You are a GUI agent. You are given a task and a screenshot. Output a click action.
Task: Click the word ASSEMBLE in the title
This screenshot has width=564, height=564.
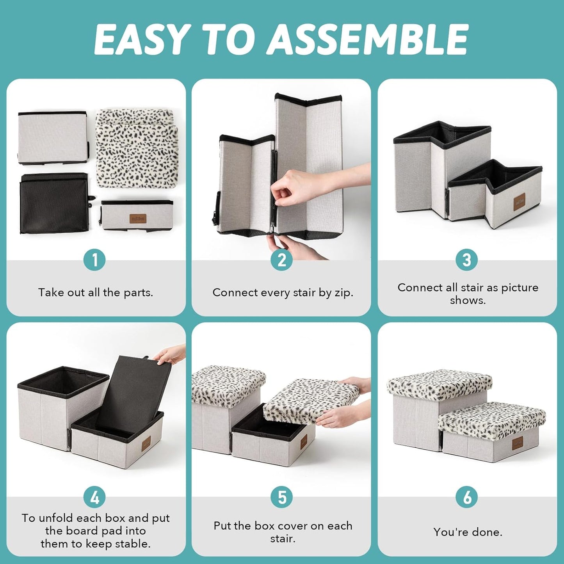[x=368, y=39]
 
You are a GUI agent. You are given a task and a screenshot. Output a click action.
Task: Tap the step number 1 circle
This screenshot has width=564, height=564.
[x=95, y=260]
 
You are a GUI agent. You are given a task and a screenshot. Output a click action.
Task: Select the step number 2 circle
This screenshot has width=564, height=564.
[x=281, y=260]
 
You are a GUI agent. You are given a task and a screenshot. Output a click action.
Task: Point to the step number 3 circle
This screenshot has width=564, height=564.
[x=467, y=260]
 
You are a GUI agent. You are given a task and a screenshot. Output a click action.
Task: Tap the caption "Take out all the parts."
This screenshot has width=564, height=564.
[x=96, y=292]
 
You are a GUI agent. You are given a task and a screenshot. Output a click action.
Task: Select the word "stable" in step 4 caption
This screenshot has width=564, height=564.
[x=133, y=544]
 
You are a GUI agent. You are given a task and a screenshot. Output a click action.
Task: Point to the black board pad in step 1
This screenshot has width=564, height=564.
[x=54, y=203]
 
